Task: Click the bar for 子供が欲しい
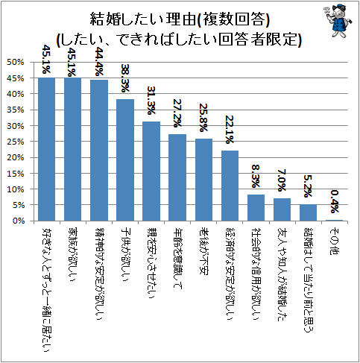coord(125,160)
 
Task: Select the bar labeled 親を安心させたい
coord(151,171)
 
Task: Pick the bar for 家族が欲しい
coord(72,149)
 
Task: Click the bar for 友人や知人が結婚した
coord(282,210)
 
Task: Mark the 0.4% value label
coord(334,203)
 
